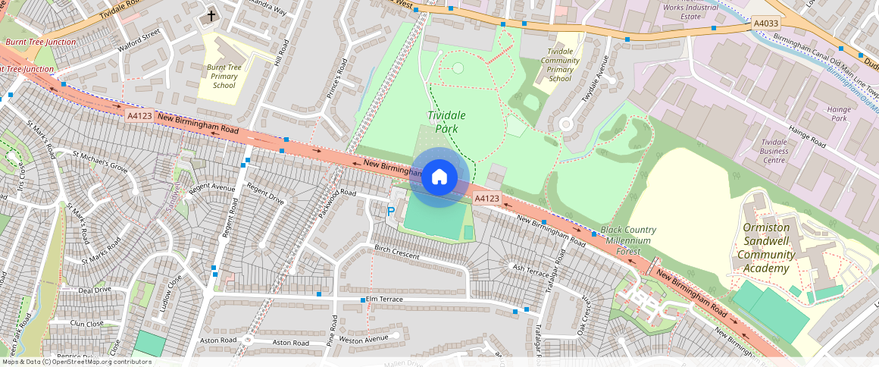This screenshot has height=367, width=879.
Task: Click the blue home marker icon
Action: tap(439, 177)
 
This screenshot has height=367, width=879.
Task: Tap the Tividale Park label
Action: tap(446, 121)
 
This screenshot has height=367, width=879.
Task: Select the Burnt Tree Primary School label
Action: tap(224, 77)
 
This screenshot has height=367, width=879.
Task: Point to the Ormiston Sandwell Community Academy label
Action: tap(767, 241)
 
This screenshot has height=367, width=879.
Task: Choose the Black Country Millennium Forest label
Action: tap(628, 240)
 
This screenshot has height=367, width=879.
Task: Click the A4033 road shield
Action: tap(766, 24)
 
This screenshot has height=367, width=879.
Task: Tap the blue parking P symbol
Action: tap(391, 212)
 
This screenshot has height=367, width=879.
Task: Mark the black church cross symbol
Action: tap(211, 16)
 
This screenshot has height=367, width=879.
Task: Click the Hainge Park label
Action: tap(839, 114)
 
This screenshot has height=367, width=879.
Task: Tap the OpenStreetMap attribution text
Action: tap(77, 362)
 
